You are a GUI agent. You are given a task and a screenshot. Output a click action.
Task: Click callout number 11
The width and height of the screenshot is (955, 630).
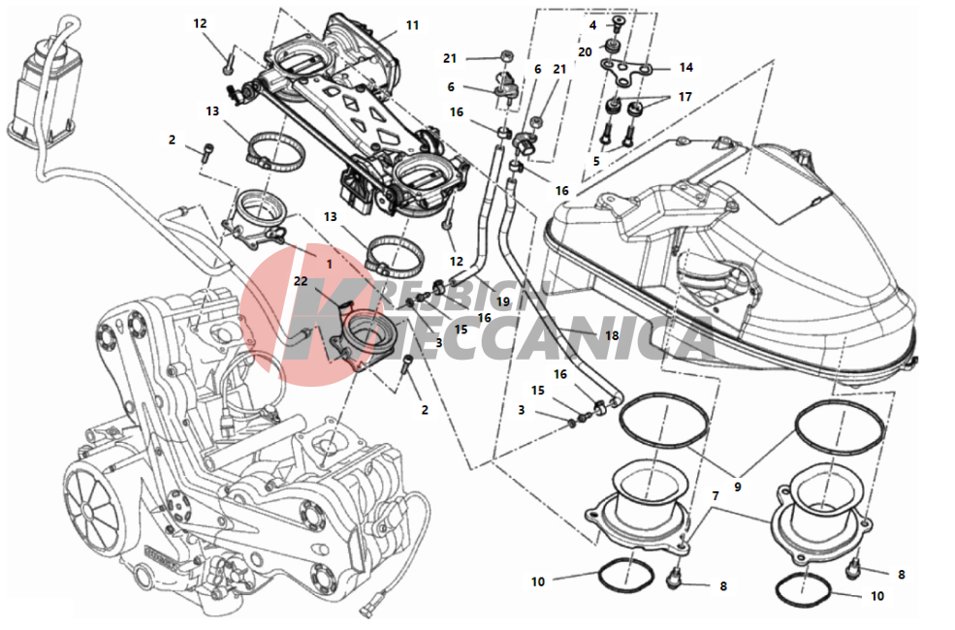tap(412, 26)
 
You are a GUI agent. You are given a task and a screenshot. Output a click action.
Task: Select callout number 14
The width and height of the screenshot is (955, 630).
tap(685, 68)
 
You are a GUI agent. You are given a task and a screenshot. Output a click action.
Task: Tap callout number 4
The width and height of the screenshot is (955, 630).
tap(592, 25)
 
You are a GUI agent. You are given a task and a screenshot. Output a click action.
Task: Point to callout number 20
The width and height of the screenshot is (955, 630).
tap(585, 51)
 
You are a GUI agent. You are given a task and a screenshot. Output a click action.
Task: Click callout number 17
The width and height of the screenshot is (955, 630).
tap(685, 97)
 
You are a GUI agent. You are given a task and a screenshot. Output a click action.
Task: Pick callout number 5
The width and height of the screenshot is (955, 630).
tap(597, 161)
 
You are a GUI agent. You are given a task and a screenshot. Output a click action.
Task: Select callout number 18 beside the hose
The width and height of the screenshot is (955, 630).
tap(611, 335)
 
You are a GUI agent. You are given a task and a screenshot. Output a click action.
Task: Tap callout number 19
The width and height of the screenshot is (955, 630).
tap(502, 301)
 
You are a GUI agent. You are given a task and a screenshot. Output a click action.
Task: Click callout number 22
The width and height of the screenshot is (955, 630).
tap(301, 282)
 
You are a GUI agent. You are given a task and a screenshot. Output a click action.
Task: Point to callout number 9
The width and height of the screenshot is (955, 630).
tap(737, 487)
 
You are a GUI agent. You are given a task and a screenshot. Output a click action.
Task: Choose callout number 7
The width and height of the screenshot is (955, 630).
tap(716, 496)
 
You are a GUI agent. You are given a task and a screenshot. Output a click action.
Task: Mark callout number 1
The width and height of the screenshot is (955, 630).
tap(328, 263)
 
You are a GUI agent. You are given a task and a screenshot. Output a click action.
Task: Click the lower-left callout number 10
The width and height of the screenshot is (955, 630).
tap(538, 582)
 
